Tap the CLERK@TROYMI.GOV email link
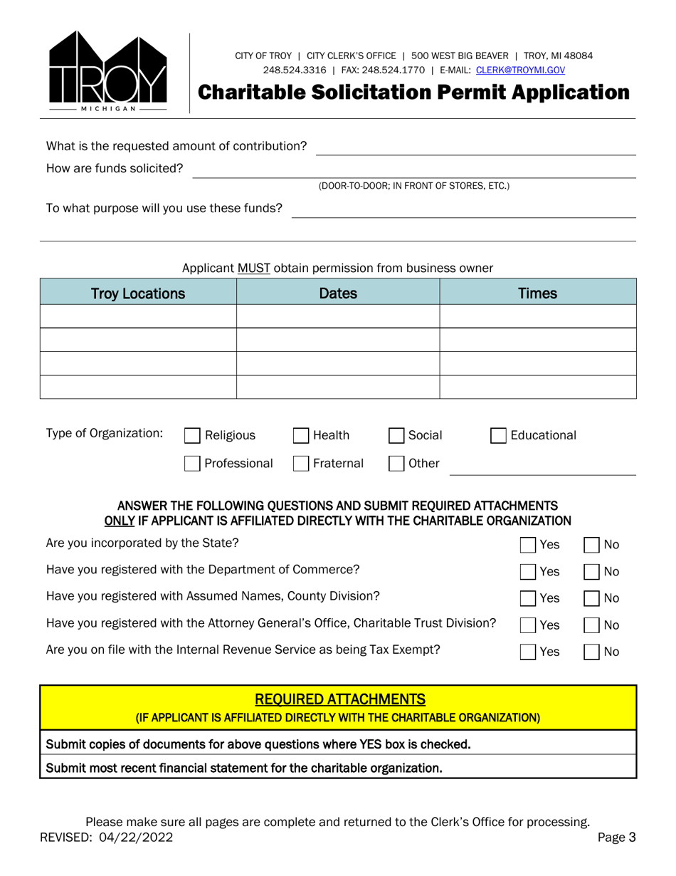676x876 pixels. click(x=520, y=70)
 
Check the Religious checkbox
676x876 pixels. click(x=192, y=436)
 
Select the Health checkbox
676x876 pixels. click(x=302, y=436)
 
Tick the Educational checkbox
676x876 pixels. click(x=499, y=436)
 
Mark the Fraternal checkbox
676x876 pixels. click(x=302, y=464)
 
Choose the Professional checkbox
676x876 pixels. click(x=192, y=464)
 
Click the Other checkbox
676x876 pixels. click(x=397, y=464)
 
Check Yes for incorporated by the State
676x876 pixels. click(x=528, y=545)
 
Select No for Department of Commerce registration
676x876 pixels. click(x=592, y=571)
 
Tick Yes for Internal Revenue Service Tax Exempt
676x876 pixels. click(x=528, y=651)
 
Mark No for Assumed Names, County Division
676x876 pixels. click(x=592, y=598)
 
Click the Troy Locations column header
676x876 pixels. click(x=138, y=293)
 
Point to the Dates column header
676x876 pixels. click(x=338, y=293)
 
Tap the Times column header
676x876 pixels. click(x=537, y=293)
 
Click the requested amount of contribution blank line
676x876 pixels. click(x=475, y=148)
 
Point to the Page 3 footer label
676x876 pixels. click(x=616, y=838)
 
